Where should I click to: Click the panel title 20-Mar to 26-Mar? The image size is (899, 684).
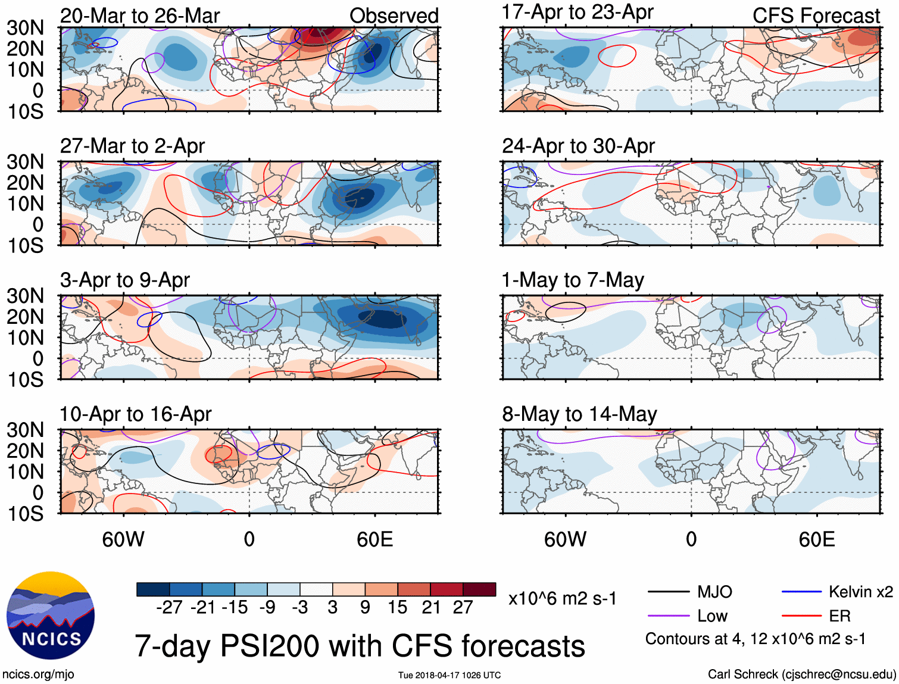click(x=140, y=16)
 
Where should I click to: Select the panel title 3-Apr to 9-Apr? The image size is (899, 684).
click(x=125, y=280)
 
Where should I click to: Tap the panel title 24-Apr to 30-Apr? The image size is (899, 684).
click(x=578, y=146)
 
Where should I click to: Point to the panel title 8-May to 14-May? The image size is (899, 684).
click(x=579, y=414)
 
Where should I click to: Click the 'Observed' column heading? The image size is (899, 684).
click(x=394, y=16)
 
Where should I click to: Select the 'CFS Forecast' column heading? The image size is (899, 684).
click(x=816, y=16)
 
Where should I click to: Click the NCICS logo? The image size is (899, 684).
click(x=51, y=616)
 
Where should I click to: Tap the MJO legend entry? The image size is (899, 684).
click(x=714, y=592)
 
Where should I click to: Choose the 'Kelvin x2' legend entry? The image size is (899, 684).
click(x=860, y=592)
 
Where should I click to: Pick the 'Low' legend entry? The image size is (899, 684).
click(x=712, y=616)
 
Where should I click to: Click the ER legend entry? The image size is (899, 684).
click(x=839, y=616)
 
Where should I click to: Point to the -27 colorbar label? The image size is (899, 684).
click(x=169, y=607)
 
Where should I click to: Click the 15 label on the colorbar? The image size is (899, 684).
click(x=397, y=607)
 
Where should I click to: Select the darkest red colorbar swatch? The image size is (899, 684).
click(x=479, y=589)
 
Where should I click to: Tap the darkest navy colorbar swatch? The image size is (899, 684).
click(x=153, y=589)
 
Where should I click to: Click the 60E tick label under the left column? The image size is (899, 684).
click(x=375, y=539)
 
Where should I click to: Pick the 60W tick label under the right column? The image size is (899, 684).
click(x=565, y=539)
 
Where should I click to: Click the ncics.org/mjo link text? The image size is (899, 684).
click(x=38, y=674)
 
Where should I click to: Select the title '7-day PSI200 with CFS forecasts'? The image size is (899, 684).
click(x=360, y=646)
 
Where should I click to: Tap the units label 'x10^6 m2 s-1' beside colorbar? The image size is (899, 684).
click(x=563, y=599)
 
